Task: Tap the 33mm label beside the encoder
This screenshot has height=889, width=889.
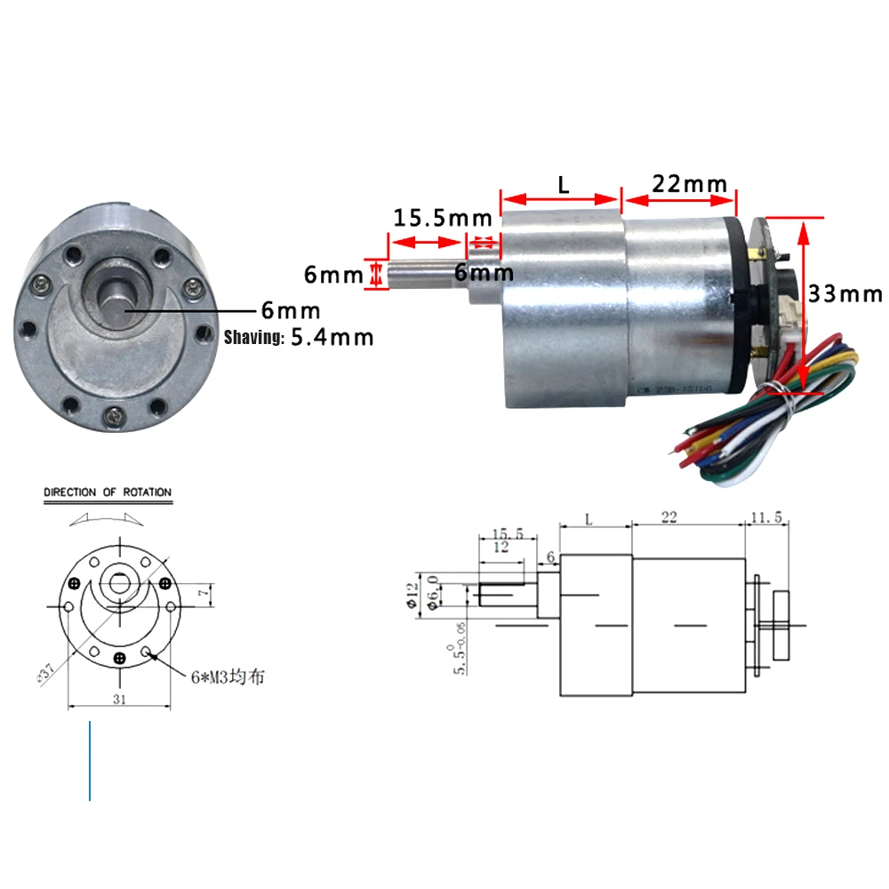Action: [845, 293]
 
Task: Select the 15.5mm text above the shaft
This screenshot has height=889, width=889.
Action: [443, 217]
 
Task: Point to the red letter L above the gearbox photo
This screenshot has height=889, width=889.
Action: [563, 185]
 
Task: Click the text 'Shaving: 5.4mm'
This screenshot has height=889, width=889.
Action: [299, 338]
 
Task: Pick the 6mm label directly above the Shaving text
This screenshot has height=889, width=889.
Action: [290, 311]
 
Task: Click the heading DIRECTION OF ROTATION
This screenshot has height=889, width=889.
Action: [108, 492]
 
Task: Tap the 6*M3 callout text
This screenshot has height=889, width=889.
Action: [227, 677]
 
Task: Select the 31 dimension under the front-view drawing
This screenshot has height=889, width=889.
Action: [119, 699]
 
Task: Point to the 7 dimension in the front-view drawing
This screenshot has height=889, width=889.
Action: [203, 591]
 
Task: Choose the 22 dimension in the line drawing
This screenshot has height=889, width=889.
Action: [669, 517]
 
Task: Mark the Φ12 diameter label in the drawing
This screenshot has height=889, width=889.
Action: [411, 593]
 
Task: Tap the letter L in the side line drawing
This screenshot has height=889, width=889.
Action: [589, 518]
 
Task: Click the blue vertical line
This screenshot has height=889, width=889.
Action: [90, 761]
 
